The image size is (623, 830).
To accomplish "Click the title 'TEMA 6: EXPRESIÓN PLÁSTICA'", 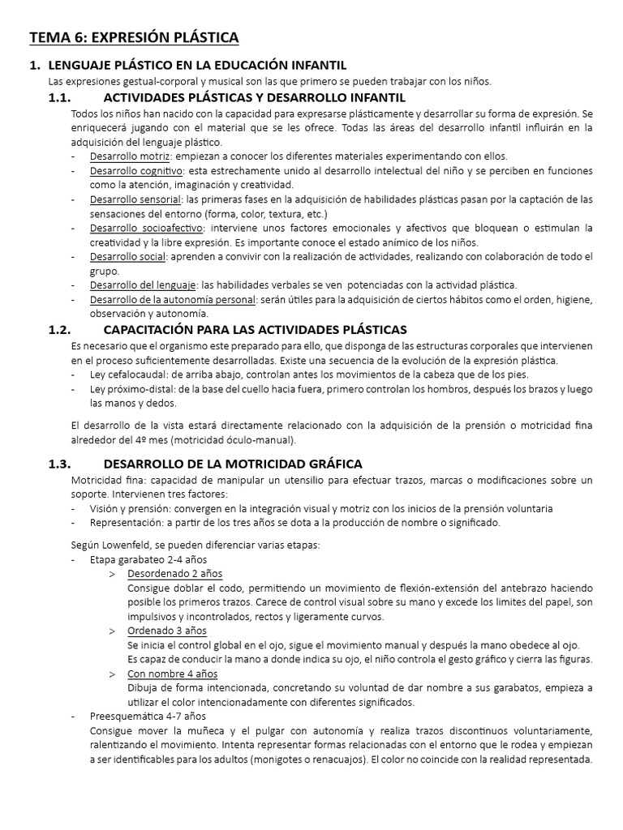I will [134, 37].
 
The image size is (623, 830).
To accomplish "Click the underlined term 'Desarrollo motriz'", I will [130, 156].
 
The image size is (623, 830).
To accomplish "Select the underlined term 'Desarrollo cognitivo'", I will [136, 171].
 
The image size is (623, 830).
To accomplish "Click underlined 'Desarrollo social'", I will [128, 256].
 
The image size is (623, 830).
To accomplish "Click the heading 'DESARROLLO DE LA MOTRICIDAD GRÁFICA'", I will [233, 464].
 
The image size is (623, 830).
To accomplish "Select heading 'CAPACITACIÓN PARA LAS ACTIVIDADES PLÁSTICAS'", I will [255, 329].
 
